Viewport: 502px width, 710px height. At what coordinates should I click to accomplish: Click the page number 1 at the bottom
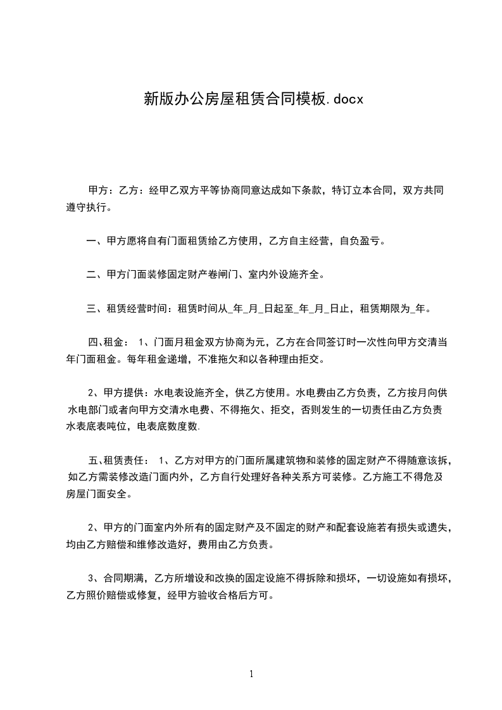click(251, 674)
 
